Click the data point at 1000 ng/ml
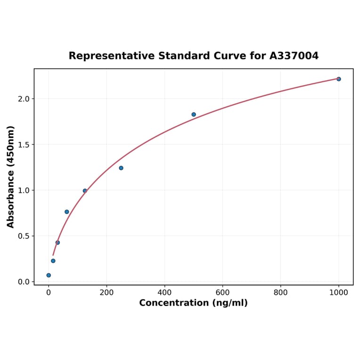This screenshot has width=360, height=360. point(338,79)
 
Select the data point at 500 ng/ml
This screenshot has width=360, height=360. point(194,115)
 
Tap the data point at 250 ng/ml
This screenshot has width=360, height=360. point(121,168)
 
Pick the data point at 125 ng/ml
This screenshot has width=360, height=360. point(85,191)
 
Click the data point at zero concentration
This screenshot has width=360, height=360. point(49,275)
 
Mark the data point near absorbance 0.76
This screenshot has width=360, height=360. point(67,212)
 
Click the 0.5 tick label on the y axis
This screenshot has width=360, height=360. point(24,236)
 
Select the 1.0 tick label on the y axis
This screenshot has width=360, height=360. point(24,190)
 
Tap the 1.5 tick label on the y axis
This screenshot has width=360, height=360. point(24,145)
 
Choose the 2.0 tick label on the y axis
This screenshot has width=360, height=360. point(24,99)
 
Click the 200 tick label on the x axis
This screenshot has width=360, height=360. point(106,292)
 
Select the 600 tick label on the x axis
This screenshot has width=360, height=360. point(222,292)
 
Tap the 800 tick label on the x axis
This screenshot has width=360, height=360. point(281,292)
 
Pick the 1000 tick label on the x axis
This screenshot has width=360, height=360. point(338,292)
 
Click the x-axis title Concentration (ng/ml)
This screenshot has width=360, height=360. point(193,303)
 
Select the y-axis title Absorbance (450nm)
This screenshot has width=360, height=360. point(11,177)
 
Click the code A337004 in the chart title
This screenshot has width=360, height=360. point(294,56)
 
